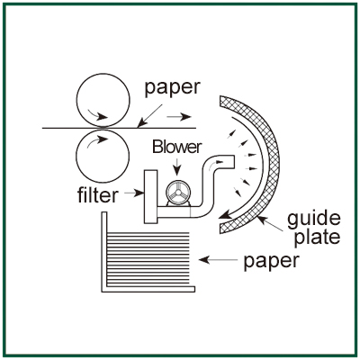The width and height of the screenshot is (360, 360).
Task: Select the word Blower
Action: tap(177, 147)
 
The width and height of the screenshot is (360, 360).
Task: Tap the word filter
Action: tap(98, 194)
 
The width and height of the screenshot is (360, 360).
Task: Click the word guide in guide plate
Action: tap(314, 220)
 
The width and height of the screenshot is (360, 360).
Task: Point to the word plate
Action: tap(317, 237)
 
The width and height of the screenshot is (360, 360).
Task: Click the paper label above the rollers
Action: tap(172, 88)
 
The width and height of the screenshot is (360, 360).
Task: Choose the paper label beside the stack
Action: tap(272, 262)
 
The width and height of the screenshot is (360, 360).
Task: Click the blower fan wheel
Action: tap(178, 193)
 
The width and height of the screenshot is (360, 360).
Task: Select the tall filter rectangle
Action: tap(151, 196)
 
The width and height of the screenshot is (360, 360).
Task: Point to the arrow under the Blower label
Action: tap(177, 166)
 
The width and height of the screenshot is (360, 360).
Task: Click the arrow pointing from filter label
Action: tap(134, 193)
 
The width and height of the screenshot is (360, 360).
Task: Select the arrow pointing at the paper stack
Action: tap(218, 260)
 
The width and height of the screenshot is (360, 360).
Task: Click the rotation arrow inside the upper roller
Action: tap(98, 114)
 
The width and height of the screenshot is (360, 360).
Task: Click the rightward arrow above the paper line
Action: tap(179, 116)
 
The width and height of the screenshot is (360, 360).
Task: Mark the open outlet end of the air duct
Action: tap(234, 161)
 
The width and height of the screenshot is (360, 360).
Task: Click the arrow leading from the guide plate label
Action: tap(270, 223)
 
